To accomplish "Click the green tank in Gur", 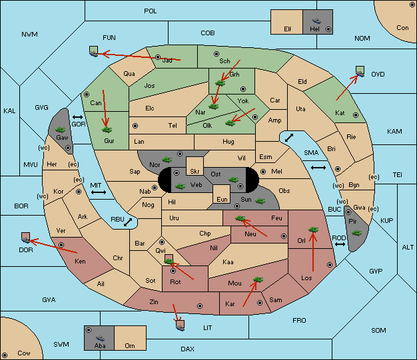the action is tap(107, 130).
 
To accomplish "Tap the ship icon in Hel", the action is tap(316, 21).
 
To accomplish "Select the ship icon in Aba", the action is tap(101, 337).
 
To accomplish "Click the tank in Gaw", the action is tap(61, 130).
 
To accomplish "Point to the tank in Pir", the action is tap(356, 233).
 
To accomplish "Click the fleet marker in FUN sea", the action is tap(94, 51).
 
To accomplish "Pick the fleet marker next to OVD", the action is tap(360, 71).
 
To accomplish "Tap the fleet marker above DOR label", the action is tap(25, 238).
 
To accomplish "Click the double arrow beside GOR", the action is tap(78, 117).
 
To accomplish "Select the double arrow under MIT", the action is tap(99, 192).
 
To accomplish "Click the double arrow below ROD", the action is tap(340, 244).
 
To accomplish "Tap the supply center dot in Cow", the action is tap(5, 355).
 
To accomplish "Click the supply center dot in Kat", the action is tap(356, 115).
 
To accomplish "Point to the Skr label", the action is tap(195, 172).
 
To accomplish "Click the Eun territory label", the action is tap(222, 199).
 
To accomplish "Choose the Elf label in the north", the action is tap(288, 29).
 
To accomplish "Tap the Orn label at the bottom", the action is tap(130, 345).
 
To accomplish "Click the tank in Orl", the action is tap(313, 230).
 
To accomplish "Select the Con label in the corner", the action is tap(402, 28).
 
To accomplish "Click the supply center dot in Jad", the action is tap(158, 57).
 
